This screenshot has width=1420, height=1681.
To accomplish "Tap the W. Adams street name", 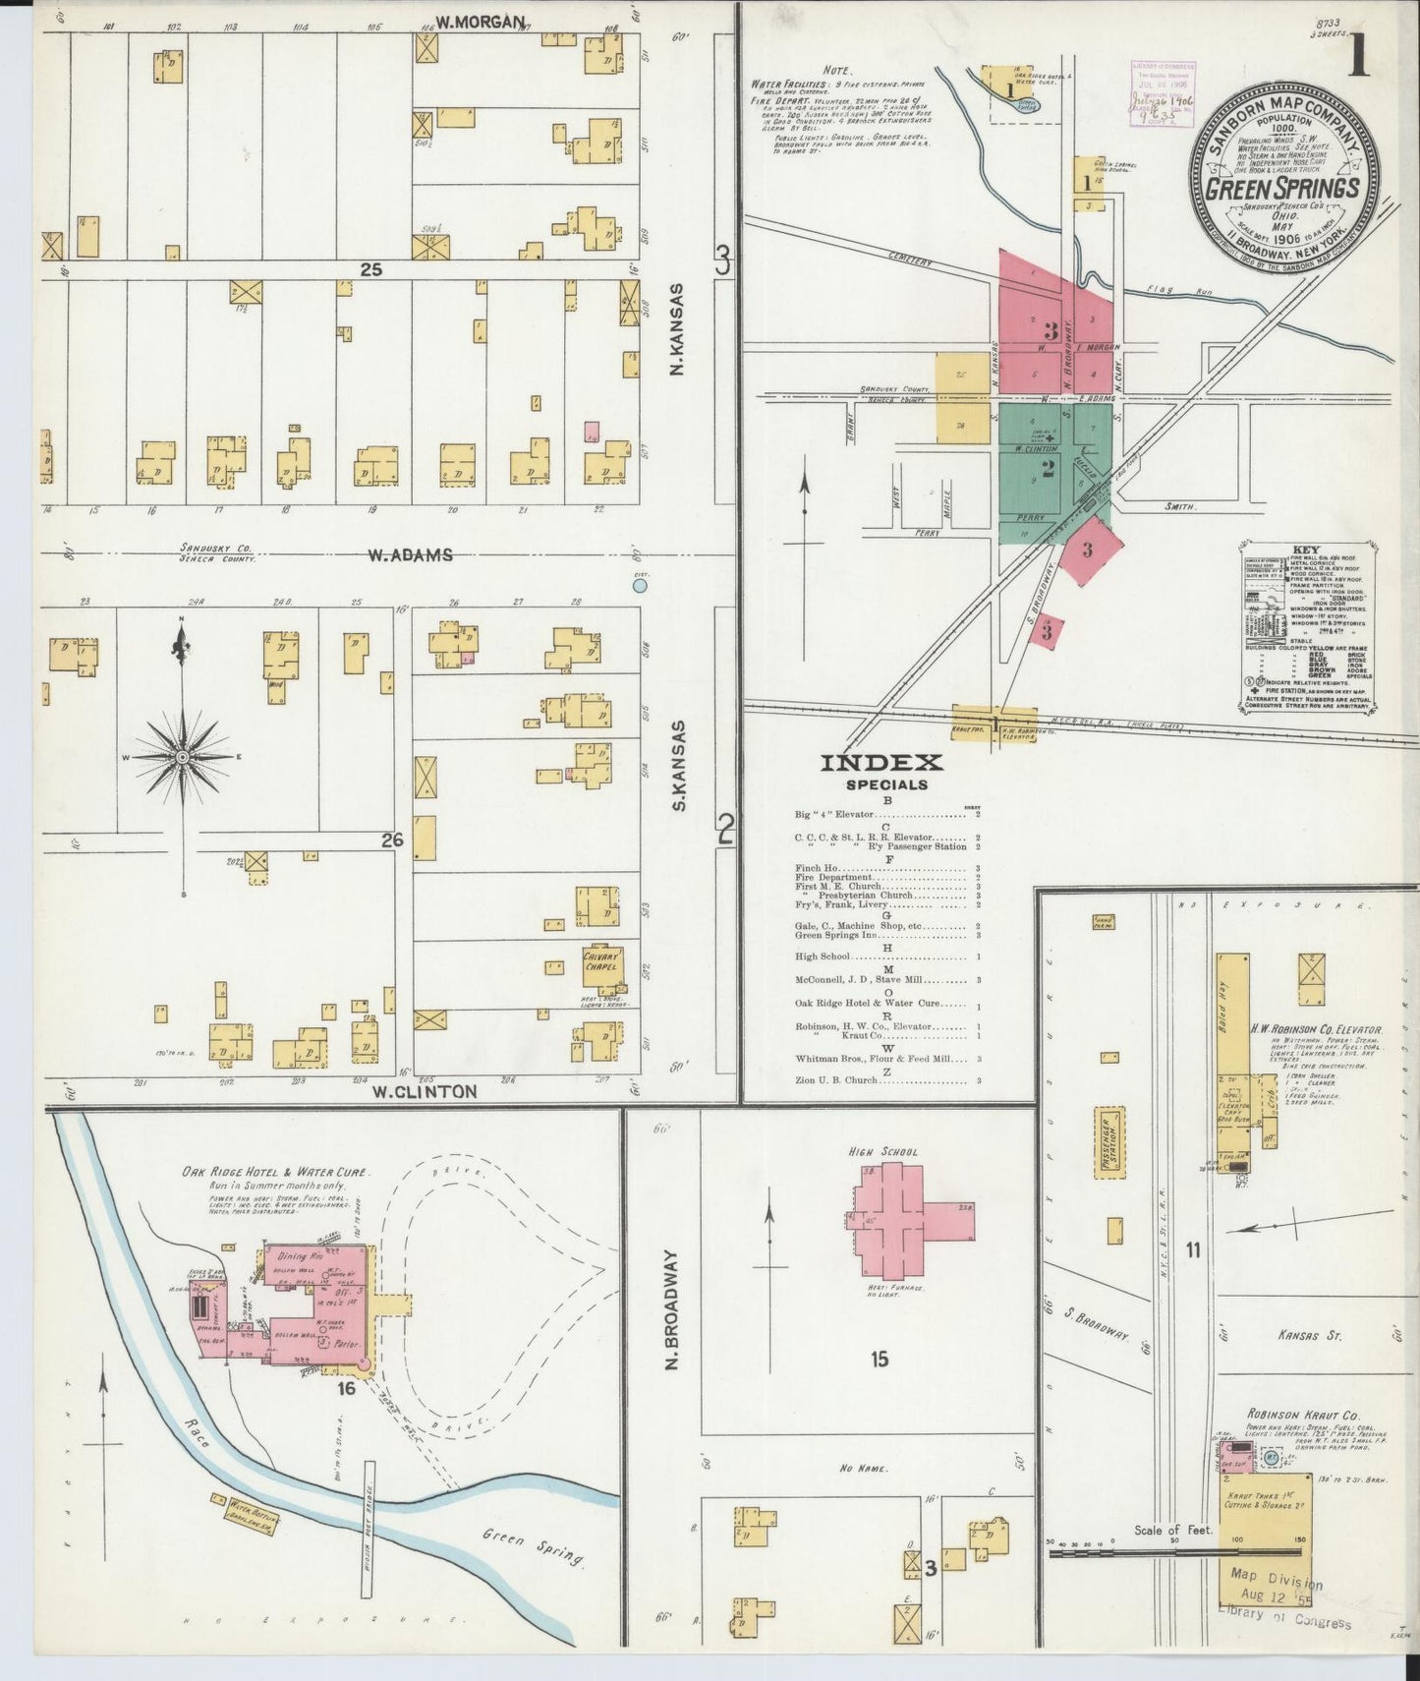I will pos(411,555).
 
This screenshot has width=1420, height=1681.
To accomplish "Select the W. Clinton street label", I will pos(424,1091).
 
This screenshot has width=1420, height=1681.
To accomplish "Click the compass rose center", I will pos(182,757).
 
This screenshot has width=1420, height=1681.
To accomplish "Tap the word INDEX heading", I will pos(881,762).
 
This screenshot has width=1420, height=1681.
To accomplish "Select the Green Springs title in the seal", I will pos(1282,188).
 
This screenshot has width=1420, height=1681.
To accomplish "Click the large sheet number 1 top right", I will pos(1359,56).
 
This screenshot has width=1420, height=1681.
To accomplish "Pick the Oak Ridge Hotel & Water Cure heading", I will pos(275,1173).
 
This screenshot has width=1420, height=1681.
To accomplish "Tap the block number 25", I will pos(369,269).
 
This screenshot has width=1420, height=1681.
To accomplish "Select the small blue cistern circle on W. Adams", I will pos(640,586).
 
